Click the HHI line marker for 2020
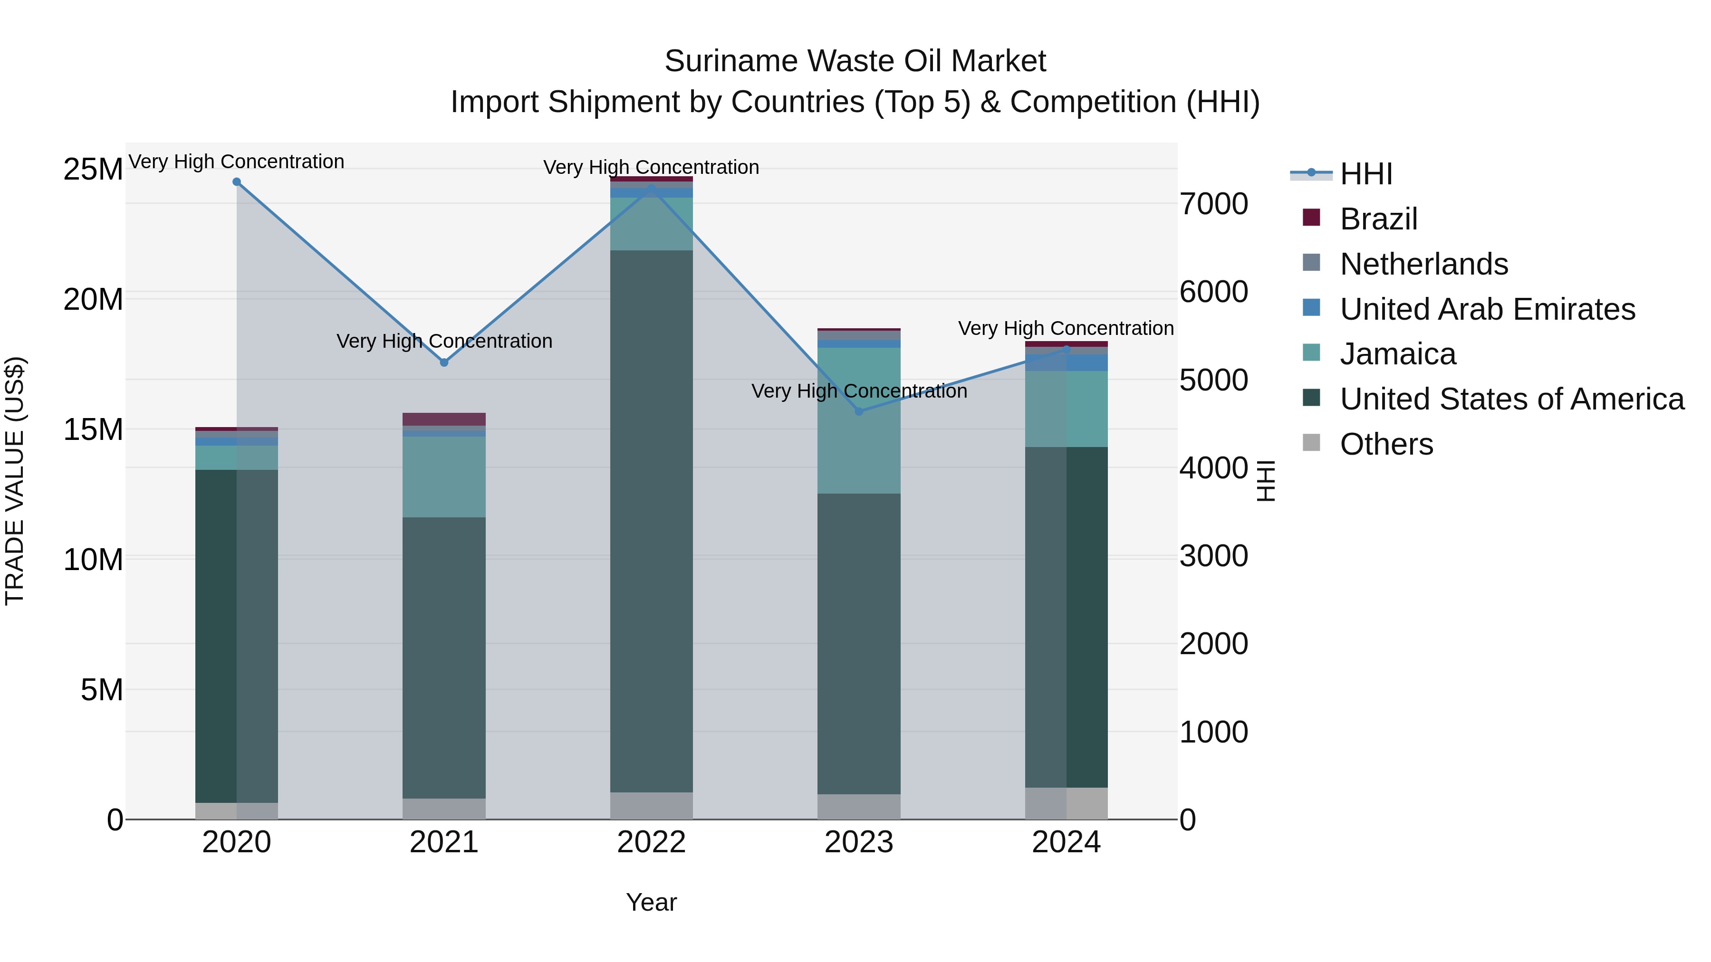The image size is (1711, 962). tap(237, 182)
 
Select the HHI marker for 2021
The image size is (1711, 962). tap(444, 362)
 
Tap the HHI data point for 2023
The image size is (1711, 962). tap(859, 411)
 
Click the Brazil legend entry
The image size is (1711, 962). tap(1378, 219)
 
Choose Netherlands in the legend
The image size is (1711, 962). tap(1423, 264)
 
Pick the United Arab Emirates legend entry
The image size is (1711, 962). tap(1487, 309)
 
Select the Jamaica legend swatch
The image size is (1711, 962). tap(1311, 353)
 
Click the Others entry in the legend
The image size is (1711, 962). tap(1386, 444)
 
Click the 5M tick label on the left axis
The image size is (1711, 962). tap(102, 690)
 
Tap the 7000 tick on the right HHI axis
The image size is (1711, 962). tap(1213, 204)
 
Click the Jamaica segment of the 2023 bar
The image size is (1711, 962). tap(859, 421)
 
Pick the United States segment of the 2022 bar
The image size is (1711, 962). tap(651, 521)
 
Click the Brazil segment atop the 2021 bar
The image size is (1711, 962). tap(444, 419)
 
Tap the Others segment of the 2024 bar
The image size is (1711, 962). tap(1066, 803)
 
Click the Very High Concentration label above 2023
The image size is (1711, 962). tap(859, 391)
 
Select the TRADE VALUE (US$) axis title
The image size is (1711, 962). tap(15, 481)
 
